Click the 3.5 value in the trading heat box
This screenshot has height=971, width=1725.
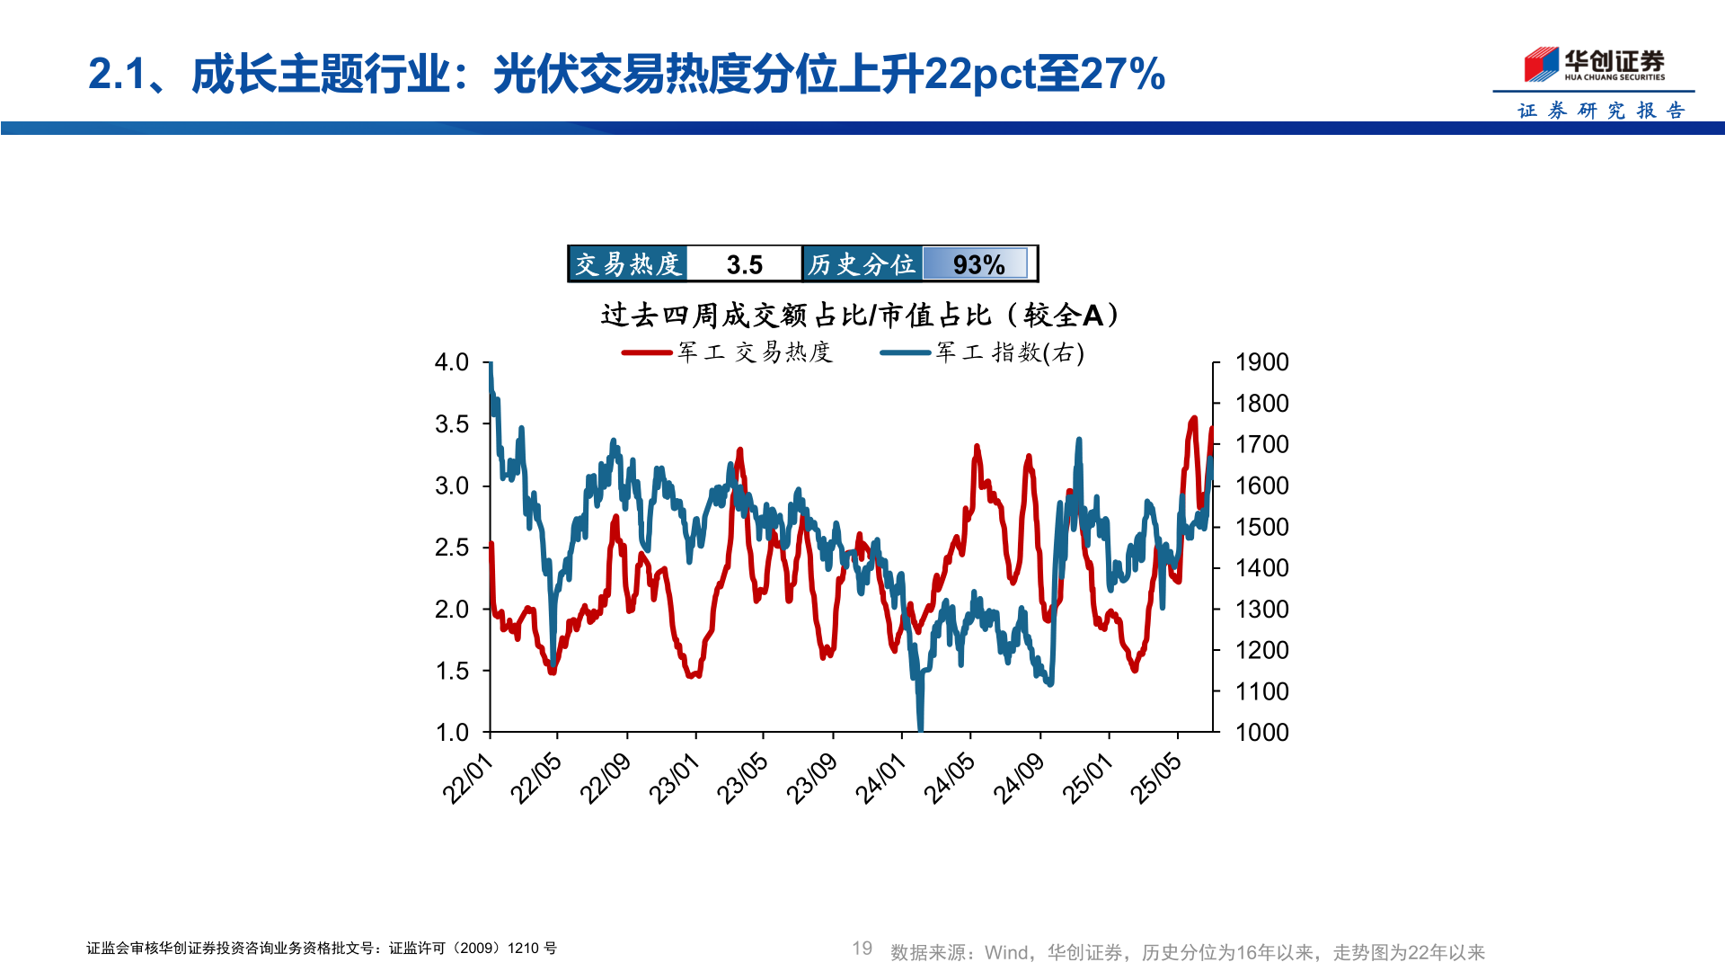(744, 264)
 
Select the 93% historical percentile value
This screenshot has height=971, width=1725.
(978, 264)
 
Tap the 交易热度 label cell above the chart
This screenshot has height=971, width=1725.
(628, 264)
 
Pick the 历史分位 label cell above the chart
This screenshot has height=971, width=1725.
(862, 264)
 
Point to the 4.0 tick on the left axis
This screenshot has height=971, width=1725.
(452, 362)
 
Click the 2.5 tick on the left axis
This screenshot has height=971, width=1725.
(452, 548)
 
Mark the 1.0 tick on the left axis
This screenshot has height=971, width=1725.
(452, 733)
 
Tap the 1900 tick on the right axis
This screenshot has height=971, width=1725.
(1261, 362)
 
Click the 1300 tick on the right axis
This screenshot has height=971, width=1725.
(1261, 610)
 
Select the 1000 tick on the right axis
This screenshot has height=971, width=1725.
(1261, 733)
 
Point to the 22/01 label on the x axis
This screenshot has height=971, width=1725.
(468, 779)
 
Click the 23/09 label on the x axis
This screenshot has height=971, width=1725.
(812, 779)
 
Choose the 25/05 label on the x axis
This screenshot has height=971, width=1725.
(1156, 779)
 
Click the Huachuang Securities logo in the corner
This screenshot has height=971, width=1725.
(1594, 65)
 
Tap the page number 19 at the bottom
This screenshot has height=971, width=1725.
(862, 949)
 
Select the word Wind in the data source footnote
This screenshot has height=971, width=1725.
(1006, 952)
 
